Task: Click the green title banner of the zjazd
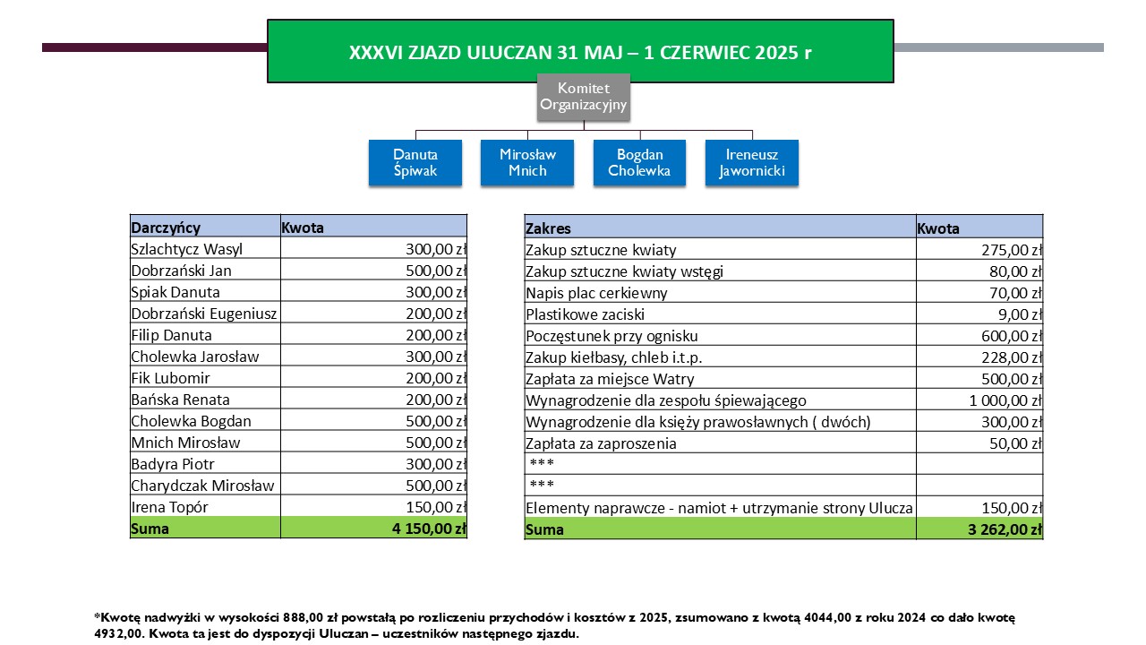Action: point(580,52)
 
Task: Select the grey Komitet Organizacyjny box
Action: point(583,98)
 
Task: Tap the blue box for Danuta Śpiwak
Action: point(415,162)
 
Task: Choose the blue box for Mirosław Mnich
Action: point(527,162)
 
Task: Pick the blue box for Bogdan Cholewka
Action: point(639,162)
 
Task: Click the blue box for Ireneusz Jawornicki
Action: point(751,162)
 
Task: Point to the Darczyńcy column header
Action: point(166,228)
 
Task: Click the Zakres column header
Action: point(548,228)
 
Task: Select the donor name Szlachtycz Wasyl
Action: point(186,249)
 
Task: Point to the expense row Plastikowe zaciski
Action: point(585,314)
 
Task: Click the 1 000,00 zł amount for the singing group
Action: point(1005,400)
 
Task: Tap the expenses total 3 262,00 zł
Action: point(1005,529)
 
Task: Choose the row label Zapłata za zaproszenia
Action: point(601,443)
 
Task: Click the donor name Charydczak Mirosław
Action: point(202,486)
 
